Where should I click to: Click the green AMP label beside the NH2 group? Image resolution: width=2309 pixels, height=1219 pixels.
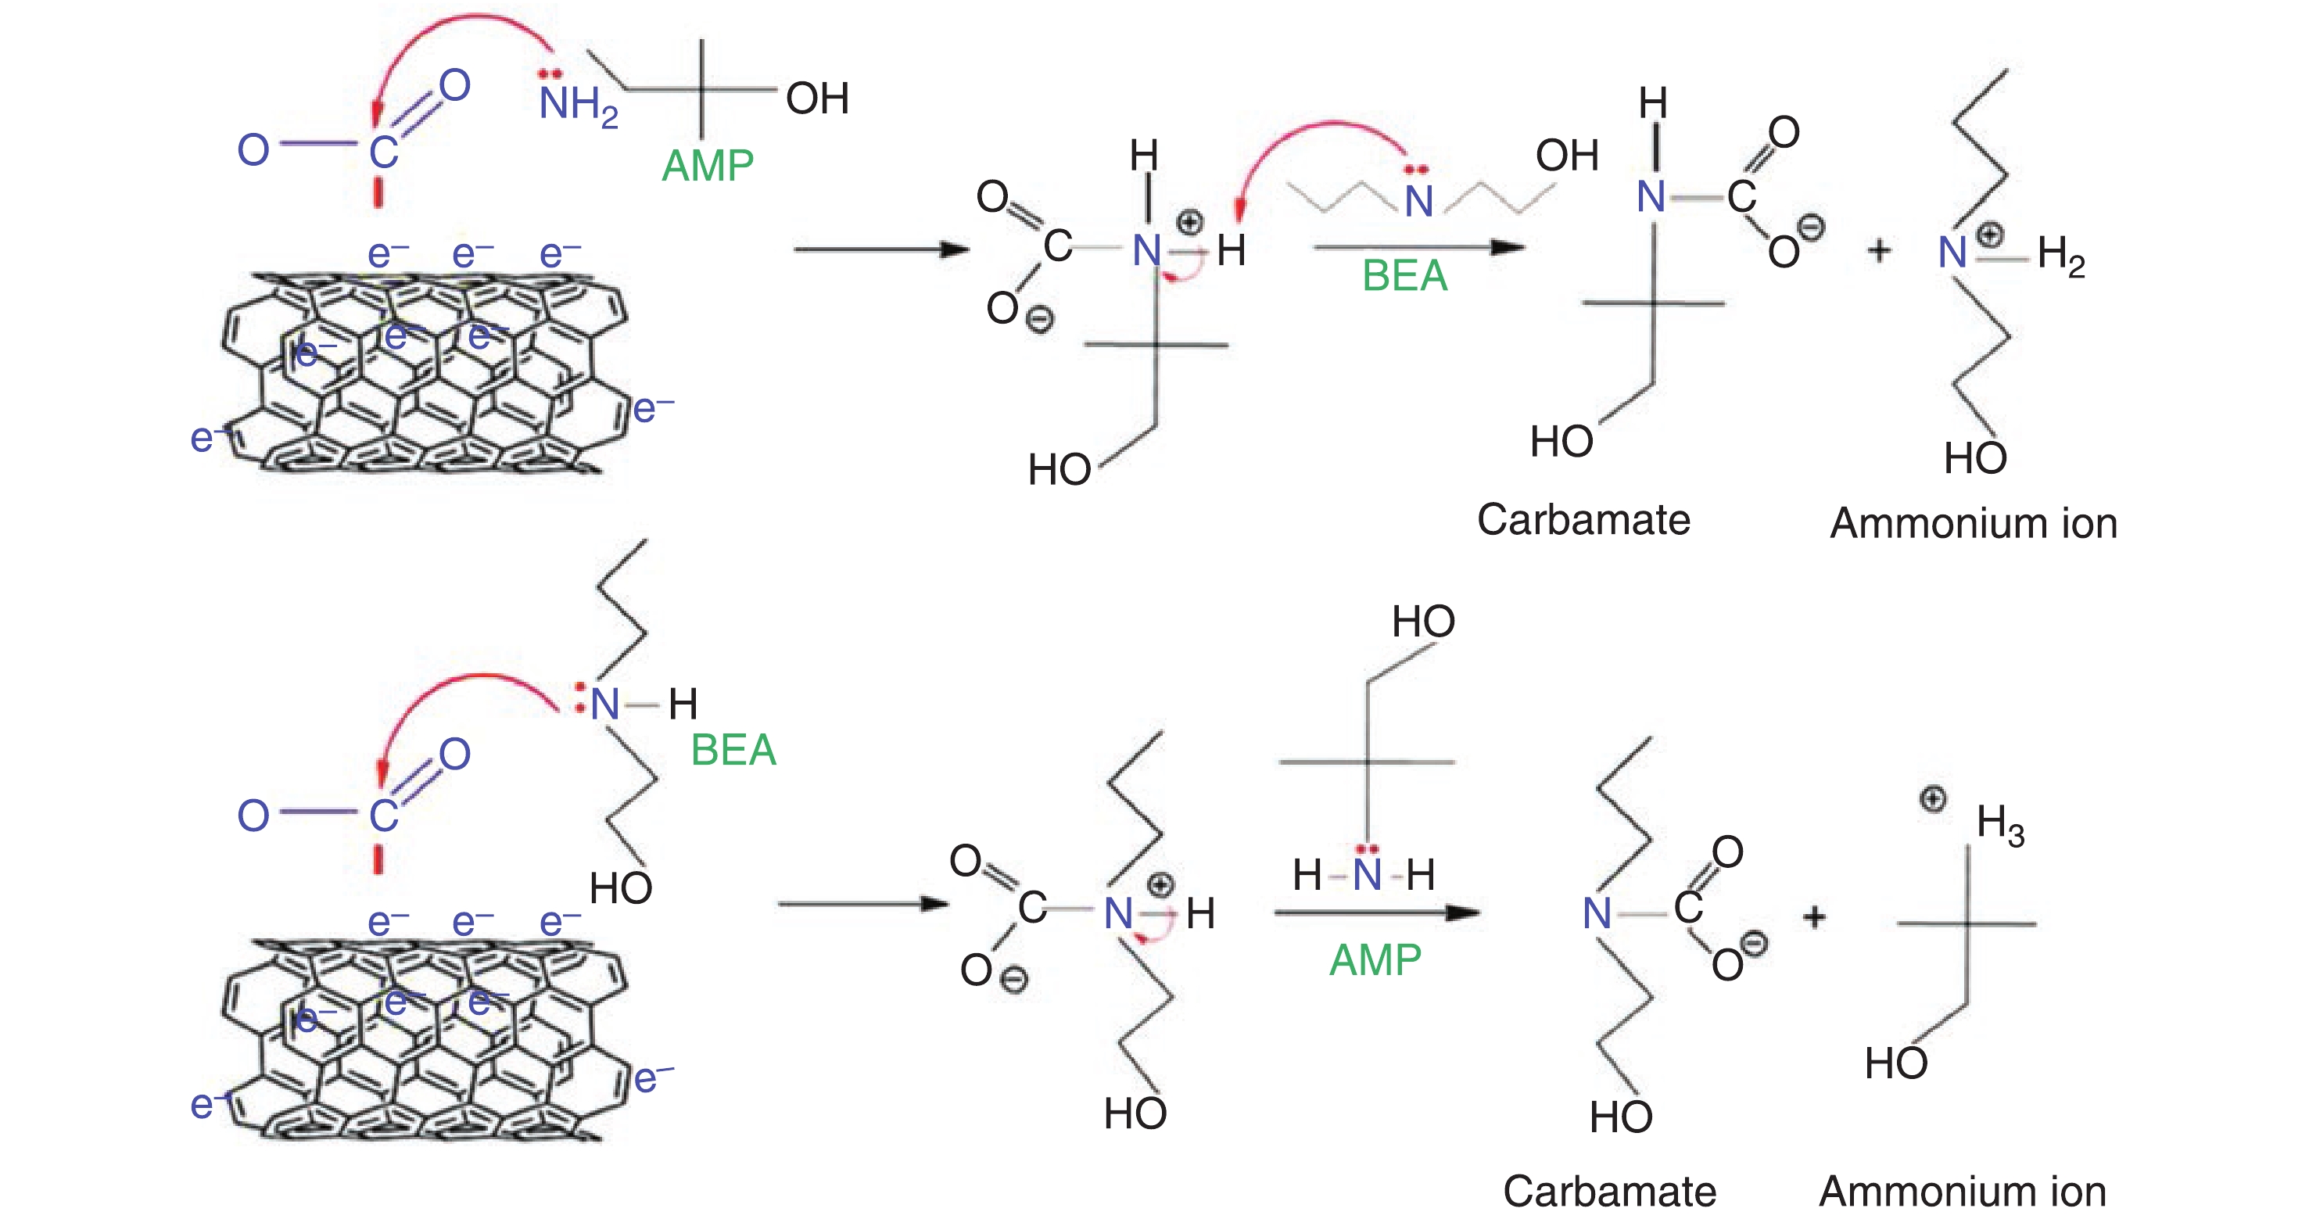(707, 166)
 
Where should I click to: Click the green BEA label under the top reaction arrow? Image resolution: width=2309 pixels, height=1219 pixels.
(1404, 276)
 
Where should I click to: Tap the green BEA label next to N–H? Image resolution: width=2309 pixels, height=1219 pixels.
(733, 750)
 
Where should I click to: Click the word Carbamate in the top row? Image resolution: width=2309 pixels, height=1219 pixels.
(1583, 520)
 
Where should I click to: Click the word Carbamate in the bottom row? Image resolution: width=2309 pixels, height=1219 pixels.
(1609, 1191)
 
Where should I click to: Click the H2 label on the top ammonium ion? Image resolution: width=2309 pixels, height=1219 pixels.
(2060, 255)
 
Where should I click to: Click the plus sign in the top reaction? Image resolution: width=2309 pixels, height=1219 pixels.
(1880, 251)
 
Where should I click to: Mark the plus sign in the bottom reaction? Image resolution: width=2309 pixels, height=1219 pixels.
(1814, 917)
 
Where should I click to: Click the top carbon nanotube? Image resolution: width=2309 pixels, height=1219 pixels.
(421, 372)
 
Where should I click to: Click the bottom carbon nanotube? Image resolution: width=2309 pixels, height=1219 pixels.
(421, 1040)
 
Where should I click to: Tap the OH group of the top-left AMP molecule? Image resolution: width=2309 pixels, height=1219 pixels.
(816, 99)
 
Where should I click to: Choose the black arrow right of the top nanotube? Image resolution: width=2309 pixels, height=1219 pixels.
(880, 249)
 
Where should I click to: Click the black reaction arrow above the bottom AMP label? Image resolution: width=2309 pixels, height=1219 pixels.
(1376, 913)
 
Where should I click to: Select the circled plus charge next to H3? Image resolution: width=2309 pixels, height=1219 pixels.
(1934, 798)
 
